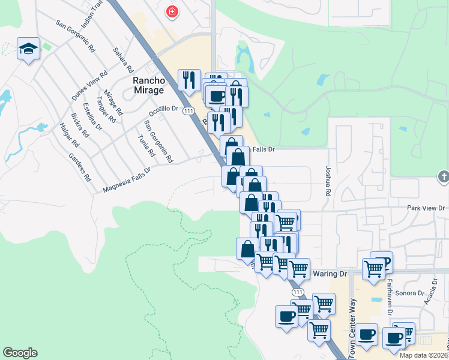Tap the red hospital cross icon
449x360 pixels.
pos(172,12)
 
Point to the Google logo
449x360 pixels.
pos(20,353)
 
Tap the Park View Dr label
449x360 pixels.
pos(424,208)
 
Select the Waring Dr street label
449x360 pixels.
pos(330,274)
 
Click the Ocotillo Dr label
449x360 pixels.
pos(164,109)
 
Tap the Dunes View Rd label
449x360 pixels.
pos(89,86)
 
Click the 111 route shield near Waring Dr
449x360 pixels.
pos(298,291)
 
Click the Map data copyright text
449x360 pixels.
pos(424,355)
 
